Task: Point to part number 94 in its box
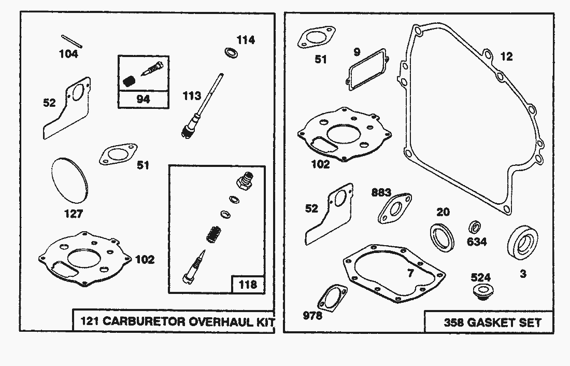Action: [x=143, y=99]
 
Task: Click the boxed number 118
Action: [x=248, y=284]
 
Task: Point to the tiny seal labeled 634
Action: [x=474, y=227]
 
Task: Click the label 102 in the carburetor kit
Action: [x=145, y=259]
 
